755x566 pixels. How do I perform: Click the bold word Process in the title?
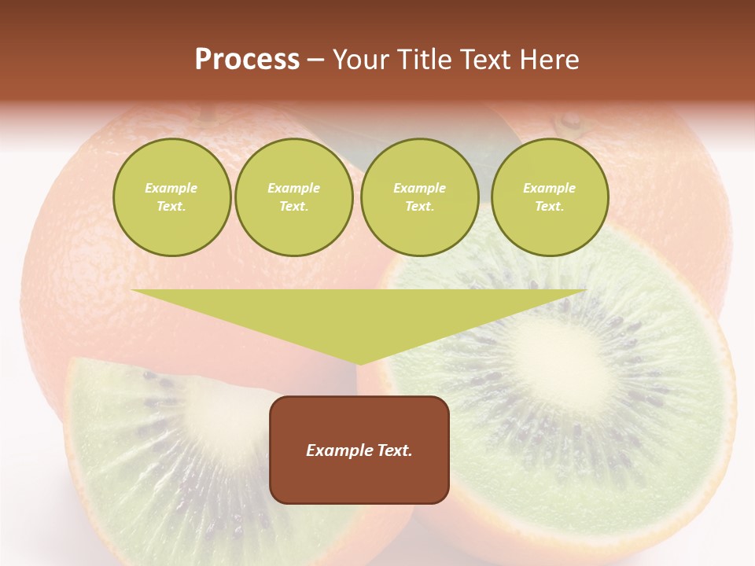(x=247, y=60)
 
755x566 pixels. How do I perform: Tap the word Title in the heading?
(x=423, y=60)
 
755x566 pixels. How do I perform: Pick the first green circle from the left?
(x=171, y=197)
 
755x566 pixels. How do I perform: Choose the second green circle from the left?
(x=294, y=197)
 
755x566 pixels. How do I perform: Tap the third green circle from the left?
(x=419, y=197)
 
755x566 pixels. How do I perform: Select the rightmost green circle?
(x=550, y=197)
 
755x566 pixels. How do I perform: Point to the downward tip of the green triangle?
(x=359, y=362)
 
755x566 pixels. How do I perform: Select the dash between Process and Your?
(x=315, y=61)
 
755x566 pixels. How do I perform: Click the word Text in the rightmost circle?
(x=549, y=206)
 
